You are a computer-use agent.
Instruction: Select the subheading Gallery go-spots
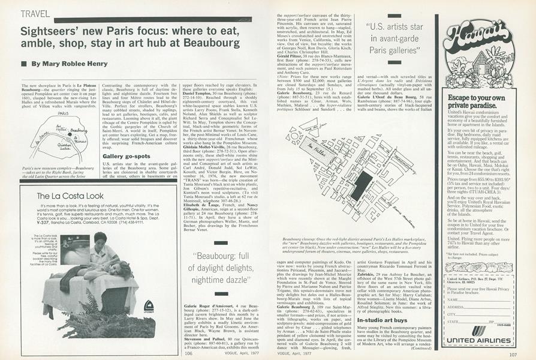126,156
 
